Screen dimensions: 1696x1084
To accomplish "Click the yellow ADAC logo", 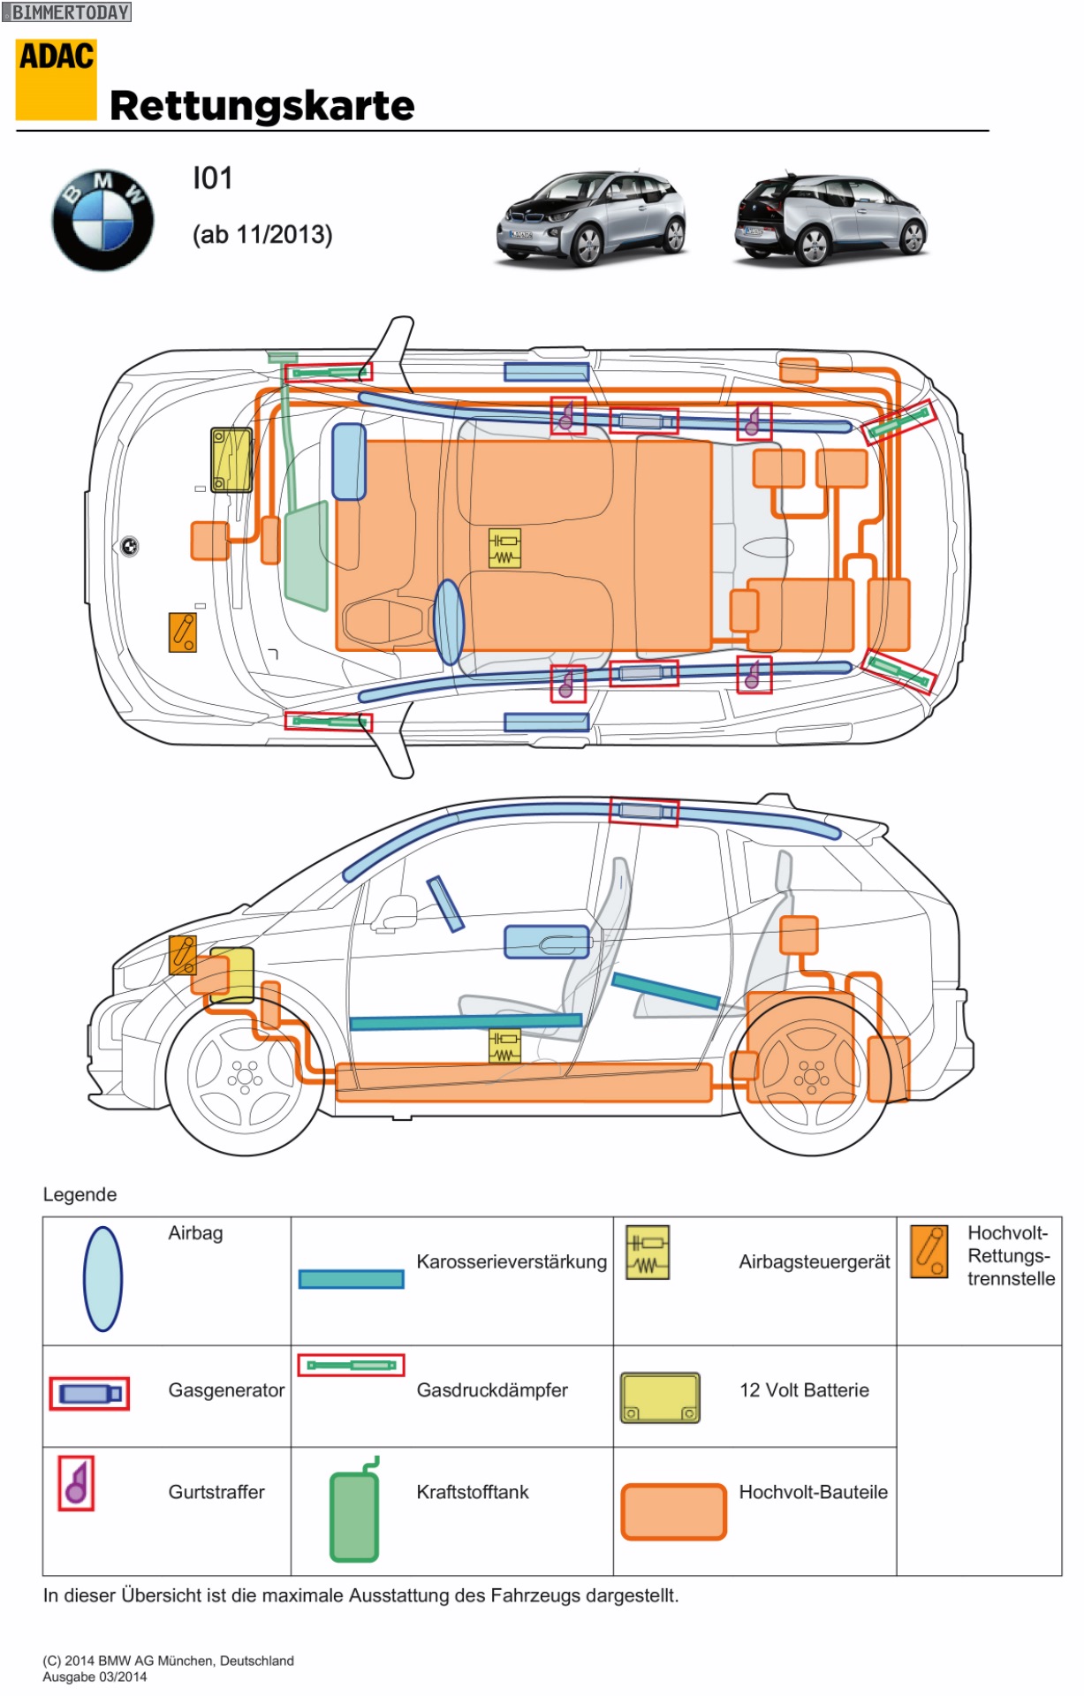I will tap(56, 79).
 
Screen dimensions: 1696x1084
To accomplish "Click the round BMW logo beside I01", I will tap(102, 219).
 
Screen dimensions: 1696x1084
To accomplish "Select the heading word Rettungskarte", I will tap(262, 106).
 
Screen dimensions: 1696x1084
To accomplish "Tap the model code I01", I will tap(212, 178).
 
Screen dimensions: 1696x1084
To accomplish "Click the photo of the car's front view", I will tap(590, 218).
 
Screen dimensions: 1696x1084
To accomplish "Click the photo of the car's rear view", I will tap(830, 218).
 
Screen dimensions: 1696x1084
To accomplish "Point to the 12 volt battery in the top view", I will tap(231, 459).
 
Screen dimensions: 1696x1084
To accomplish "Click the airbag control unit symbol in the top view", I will tap(504, 548).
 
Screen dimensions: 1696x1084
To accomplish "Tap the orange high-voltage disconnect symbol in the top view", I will tap(183, 632).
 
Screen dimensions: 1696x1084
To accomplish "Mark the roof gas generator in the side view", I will tap(643, 812).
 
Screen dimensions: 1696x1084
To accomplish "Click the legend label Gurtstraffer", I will tap(216, 1492).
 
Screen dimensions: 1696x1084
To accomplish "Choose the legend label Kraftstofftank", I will tap(473, 1492).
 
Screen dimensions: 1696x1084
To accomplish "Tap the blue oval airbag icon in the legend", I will tap(102, 1278).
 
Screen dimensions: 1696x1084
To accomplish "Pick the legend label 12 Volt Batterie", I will tap(804, 1390).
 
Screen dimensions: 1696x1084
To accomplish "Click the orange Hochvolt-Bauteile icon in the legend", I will tap(673, 1511).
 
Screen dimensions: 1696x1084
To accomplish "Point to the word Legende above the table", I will tap(80, 1194).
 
